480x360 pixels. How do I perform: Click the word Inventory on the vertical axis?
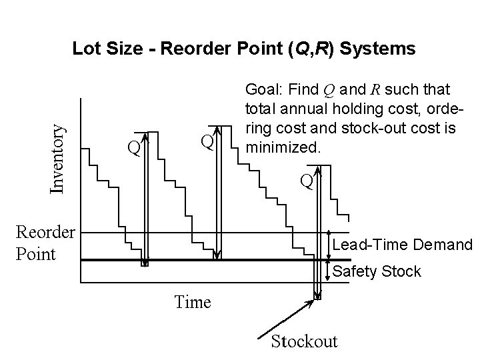click(x=59, y=151)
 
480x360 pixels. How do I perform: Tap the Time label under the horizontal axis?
click(x=193, y=302)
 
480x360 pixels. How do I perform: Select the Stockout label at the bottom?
click(x=304, y=341)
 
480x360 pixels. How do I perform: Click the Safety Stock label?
click(x=377, y=271)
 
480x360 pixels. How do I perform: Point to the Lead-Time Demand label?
click(x=402, y=245)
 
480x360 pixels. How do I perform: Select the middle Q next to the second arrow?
click(x=207, y=141)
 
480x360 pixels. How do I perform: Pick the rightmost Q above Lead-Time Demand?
click(x=306, y=181)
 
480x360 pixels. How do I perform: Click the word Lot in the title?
click(x=84, y=49)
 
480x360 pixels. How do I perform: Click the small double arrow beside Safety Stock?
click(x=327, y=269)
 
